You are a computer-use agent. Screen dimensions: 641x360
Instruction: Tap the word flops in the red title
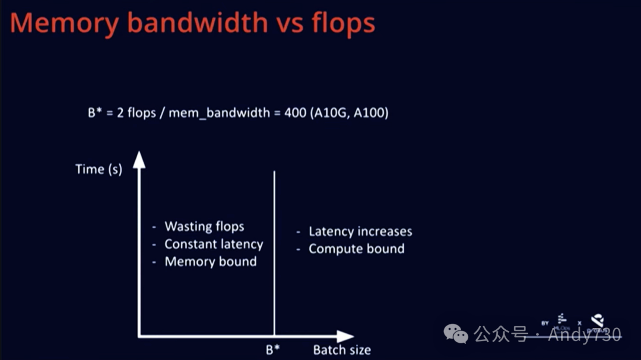[x=343, y=23]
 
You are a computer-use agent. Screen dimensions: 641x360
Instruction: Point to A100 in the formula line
[x=369, y=113]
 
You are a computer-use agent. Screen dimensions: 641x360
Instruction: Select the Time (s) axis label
[x=99, y=169]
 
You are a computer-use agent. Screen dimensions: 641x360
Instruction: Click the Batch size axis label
[x=342, y=350]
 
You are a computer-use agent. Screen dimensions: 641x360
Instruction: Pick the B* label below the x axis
[x=273, y=349]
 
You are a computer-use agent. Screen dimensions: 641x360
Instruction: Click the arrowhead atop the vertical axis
[x=139, y=160]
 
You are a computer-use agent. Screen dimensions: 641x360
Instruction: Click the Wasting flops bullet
[x=204, y=227]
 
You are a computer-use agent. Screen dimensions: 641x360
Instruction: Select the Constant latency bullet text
[x=214, y=244]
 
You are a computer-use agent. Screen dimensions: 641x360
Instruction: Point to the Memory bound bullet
[x=211, y=262]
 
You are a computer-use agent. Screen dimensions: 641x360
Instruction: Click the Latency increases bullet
[x=360, y=231]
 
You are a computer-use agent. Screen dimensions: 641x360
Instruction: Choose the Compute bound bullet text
[x=356, y=249]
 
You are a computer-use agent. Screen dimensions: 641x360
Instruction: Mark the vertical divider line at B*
[x=274, y=249]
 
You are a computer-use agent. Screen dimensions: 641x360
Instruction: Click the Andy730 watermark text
[x=585, y=335]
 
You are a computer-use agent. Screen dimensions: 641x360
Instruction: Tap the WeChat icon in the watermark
[x=456, y=334]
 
